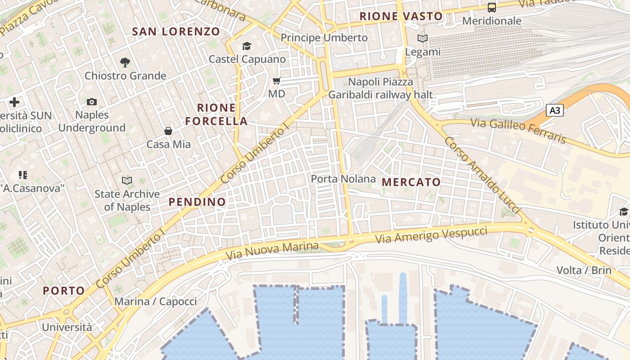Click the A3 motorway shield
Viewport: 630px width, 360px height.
pos(555,110)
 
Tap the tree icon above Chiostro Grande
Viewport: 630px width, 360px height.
pos(125,63)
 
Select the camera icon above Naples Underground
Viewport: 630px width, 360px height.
pos(92,102)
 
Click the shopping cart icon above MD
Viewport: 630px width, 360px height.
pos(277,81)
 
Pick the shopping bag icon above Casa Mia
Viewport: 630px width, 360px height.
pos(168,131)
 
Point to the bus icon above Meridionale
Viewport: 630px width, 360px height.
pos(492,8)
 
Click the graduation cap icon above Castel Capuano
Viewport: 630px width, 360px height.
pos(247,46)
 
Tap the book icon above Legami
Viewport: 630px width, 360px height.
pos(422,39)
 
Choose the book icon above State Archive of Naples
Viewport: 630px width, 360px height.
pos(127,181)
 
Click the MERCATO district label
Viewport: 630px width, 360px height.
pos(411,182)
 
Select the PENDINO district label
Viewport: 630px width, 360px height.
pos(197,202)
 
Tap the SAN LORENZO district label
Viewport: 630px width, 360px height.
pos(176,31)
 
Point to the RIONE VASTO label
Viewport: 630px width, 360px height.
pos(401,17)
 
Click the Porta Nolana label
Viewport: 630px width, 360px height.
pos(343,179)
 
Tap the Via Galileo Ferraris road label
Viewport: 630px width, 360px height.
pos(517,130)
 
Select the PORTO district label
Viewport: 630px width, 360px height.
pos(64,291)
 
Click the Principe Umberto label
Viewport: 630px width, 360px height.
pos(324,38)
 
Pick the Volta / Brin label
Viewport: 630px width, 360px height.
pos(584,270)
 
